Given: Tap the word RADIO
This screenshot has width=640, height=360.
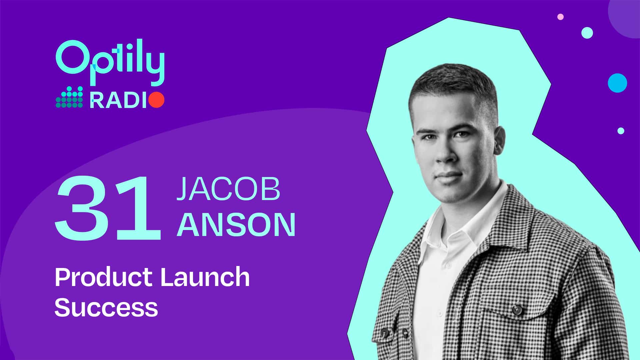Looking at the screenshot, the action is tap(127, 100).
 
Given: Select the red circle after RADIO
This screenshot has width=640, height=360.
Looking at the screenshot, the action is tap(156, 100).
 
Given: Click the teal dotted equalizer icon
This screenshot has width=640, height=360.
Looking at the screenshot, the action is tap(69, 97).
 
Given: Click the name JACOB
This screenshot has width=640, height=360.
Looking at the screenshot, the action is tap(228, 189).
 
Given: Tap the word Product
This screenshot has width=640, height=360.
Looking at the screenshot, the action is tap(104, 277).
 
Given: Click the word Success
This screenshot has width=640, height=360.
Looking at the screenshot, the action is tap(106, 307).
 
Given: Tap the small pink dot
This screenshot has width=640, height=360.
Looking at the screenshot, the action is tap(560, 17).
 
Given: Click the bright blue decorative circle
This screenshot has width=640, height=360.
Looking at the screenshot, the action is tap(617, 83).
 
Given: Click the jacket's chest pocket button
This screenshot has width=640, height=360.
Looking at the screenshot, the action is tap(517, 310).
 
